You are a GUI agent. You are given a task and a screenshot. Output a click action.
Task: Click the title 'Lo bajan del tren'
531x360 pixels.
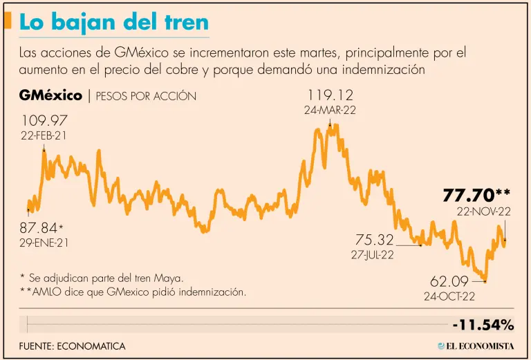[113, 22]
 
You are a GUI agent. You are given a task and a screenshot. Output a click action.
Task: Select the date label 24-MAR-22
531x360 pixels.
[330, 111]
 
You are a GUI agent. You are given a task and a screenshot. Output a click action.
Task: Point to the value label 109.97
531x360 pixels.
[43, 120]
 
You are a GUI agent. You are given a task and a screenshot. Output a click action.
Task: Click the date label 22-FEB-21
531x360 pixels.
[44, 135]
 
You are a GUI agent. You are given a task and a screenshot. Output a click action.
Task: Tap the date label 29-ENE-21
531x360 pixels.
[45, 243]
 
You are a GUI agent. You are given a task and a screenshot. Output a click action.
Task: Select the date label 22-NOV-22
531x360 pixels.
[483, 211]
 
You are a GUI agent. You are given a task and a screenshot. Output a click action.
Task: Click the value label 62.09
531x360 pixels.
[449, 282]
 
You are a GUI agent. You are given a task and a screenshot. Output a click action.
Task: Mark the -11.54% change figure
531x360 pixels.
[483, 325]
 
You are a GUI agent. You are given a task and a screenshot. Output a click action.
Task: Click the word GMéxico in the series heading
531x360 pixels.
[51, 95]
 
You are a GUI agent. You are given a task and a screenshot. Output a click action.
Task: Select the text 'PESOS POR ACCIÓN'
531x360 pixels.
[146, 96]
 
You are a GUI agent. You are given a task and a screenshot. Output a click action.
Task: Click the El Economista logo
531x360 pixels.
[476, 345]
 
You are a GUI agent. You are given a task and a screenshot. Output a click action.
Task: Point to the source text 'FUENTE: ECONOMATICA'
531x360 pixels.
[73, 345]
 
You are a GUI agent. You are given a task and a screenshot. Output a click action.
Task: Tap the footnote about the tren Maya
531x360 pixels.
[102, 278]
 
